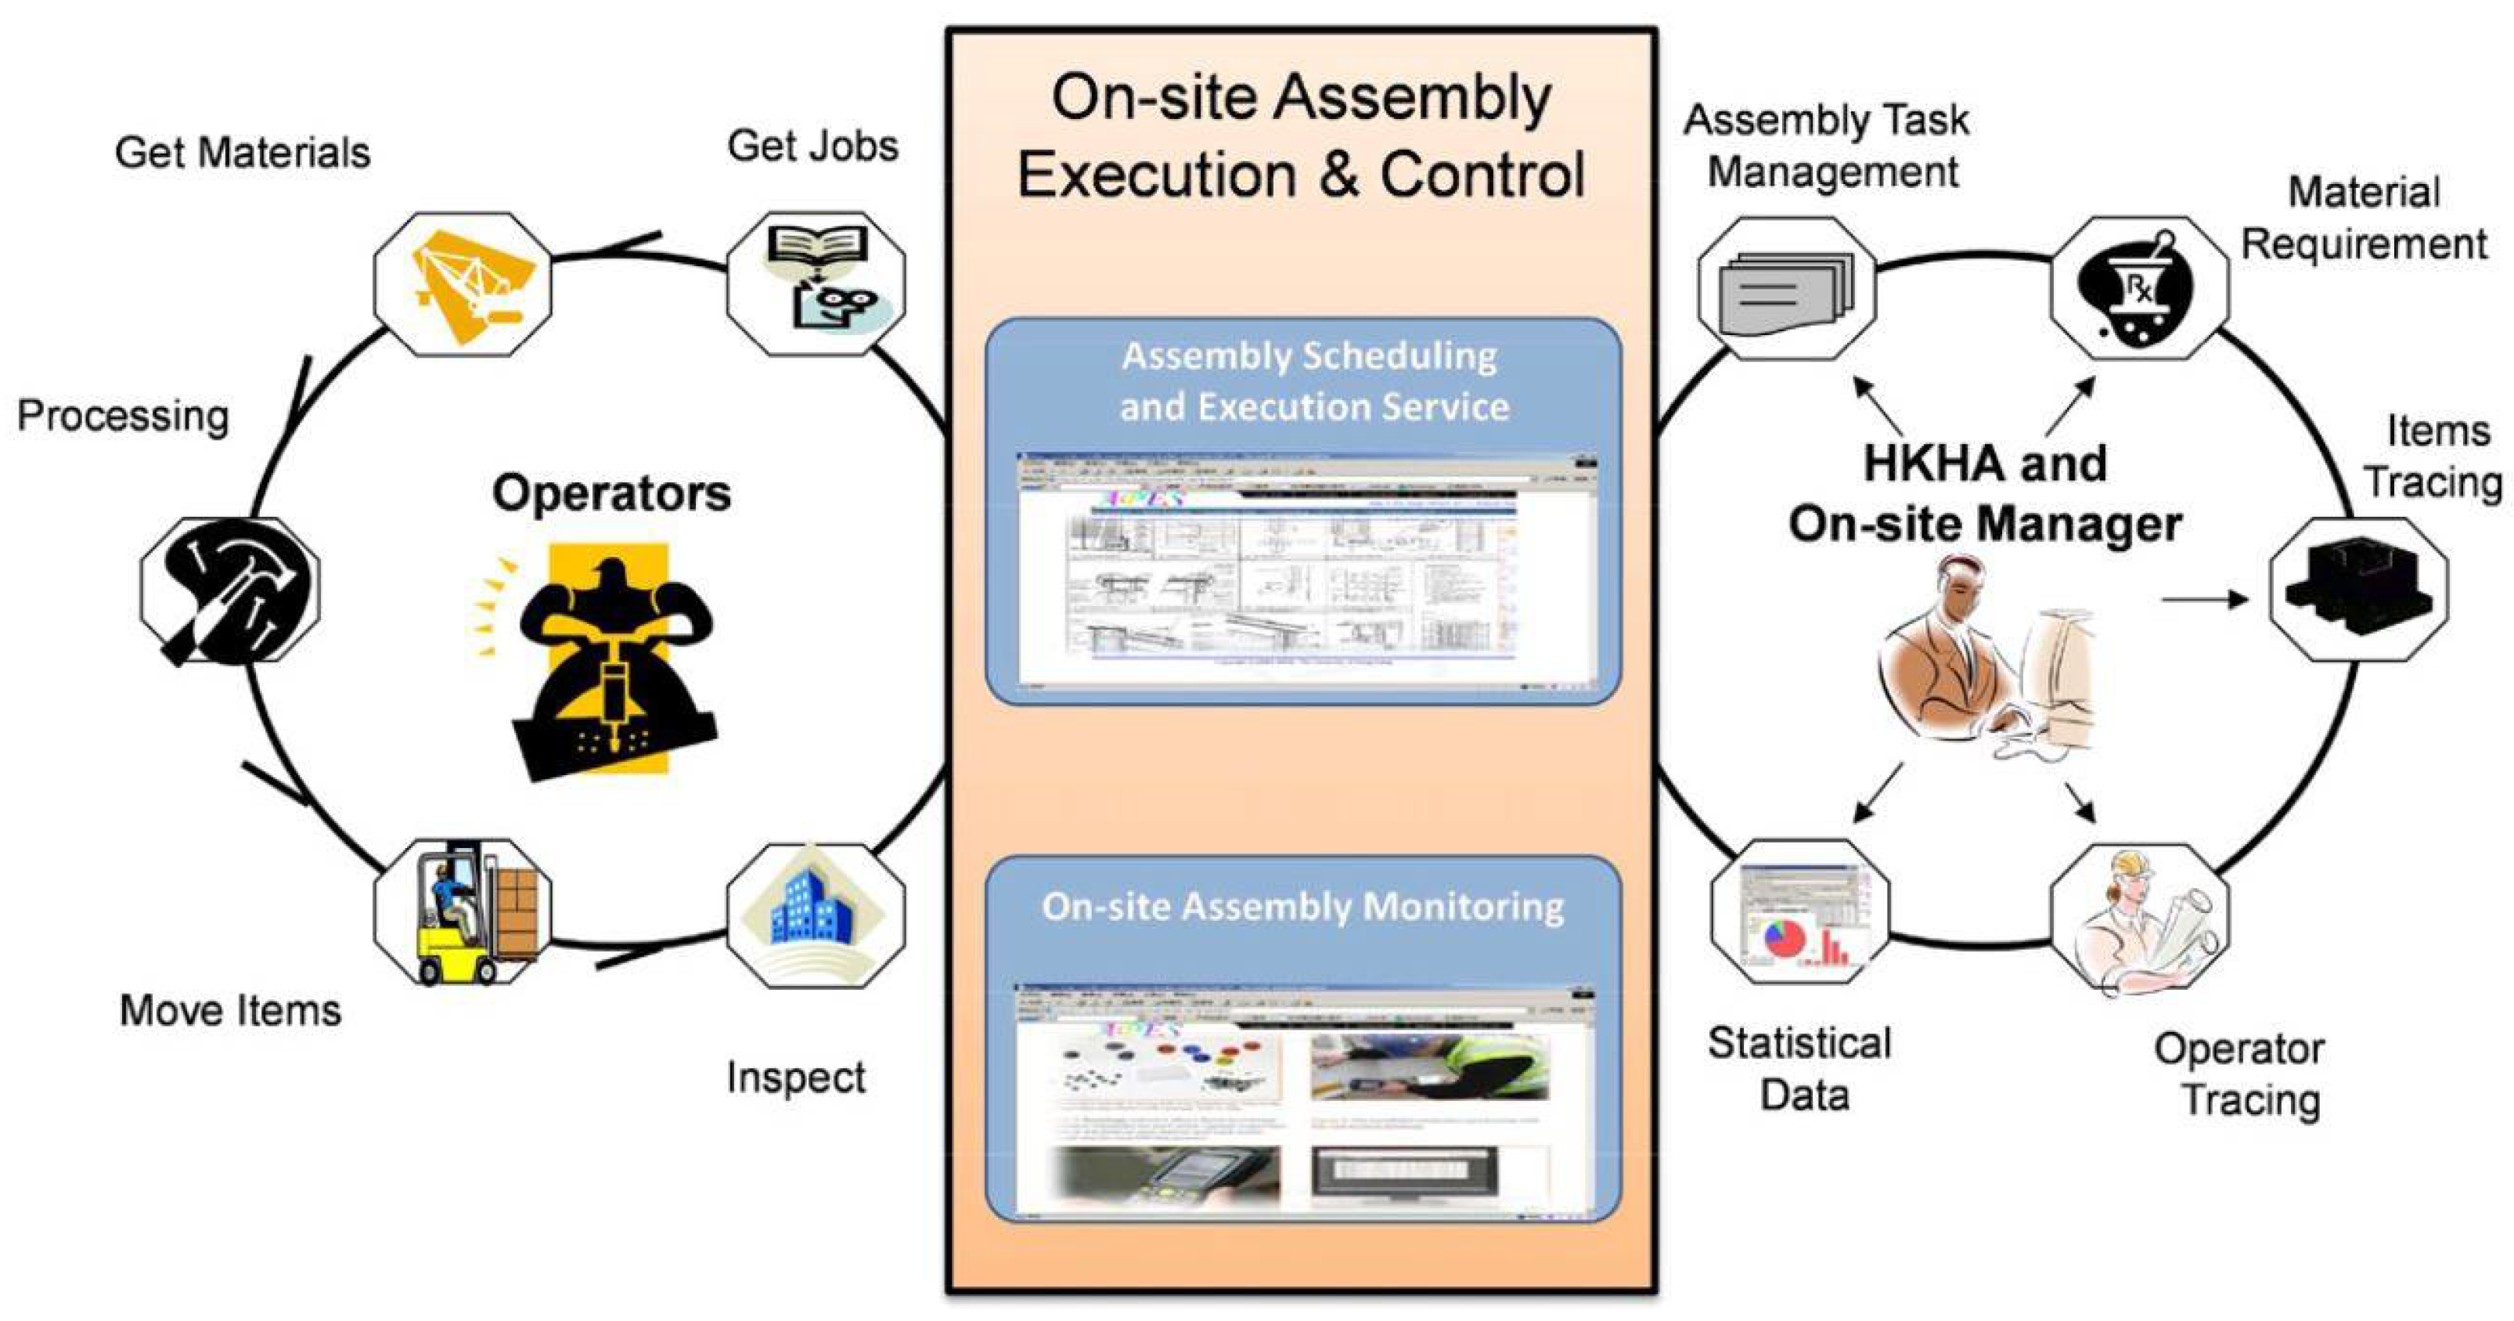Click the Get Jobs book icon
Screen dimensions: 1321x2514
click(816, 283)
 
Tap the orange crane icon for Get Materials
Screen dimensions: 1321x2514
click(463, 283)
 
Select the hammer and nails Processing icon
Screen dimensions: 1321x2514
click(229, 590)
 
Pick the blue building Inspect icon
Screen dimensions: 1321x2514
click(816, 912)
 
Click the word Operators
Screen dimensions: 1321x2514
click(611, 493)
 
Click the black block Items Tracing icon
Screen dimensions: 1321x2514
click(2357, 589)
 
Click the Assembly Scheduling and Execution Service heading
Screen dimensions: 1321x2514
click(1312, 381)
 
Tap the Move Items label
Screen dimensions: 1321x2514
click(230, 1009)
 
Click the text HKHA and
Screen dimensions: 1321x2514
click(1985, 463)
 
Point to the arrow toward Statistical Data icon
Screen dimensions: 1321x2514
click(1878, 791)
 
